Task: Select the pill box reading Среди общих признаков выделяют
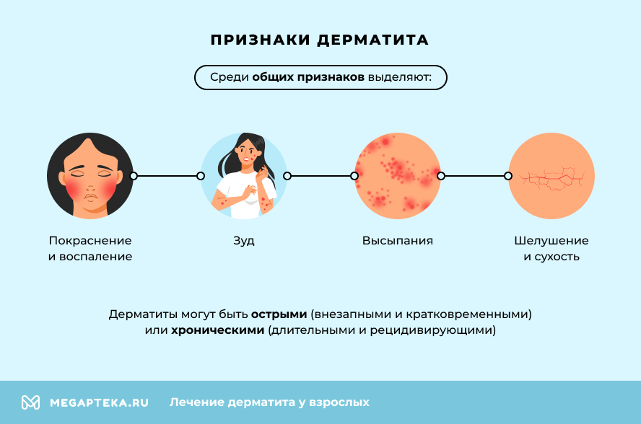tap(320, 77)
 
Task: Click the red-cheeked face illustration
tap(90, 176)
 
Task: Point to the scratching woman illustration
tap(244, 176)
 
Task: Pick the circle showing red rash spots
tap(398, 176)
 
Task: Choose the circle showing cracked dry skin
tap(551, 176)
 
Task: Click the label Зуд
tap(244, 241)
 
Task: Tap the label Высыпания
tap(398, 241)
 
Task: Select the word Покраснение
tap(90, 241)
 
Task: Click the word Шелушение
tap(551, 241)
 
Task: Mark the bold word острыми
tap(279, 314)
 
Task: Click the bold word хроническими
tap(217, 330)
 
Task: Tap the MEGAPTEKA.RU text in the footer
tap(99, 402)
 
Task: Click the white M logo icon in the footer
tap(30, 402)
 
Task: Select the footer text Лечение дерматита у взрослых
tap(269, 402)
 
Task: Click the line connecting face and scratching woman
tap(167, 176)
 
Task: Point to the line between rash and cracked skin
tap(474, 176)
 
